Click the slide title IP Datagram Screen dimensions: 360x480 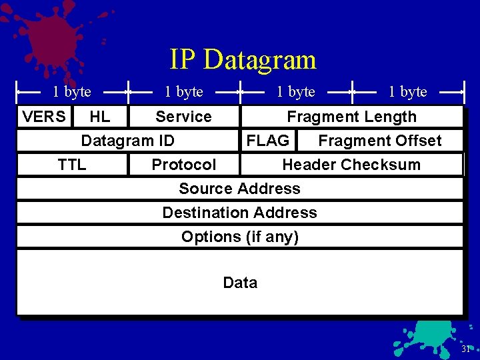242,59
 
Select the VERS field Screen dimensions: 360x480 44,117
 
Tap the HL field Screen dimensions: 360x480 100,117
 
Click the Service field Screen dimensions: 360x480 183,117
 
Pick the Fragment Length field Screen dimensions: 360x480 351,117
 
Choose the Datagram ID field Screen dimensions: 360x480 127,141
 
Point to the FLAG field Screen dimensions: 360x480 268,141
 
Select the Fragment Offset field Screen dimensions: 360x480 379,141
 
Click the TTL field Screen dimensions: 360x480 72,165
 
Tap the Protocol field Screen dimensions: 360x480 184,165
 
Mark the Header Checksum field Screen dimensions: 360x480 351,165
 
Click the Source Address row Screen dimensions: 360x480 239,189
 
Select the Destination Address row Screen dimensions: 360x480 239,213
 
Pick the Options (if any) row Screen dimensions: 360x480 239,237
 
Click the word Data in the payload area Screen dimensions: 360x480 240,283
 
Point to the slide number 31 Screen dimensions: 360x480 465,349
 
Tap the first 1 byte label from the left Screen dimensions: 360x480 72,92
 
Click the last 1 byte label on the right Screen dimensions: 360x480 408,92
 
